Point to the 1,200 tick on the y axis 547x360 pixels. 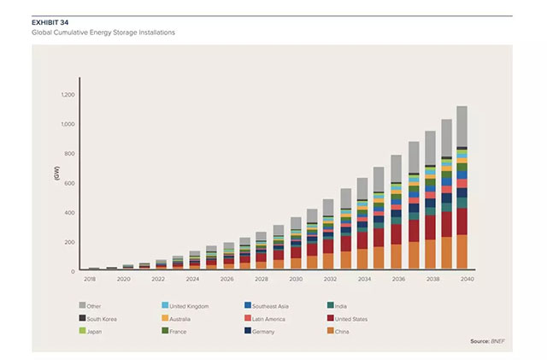[68, 95]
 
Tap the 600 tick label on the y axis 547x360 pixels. [70, 183]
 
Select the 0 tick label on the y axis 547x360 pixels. [74, 272]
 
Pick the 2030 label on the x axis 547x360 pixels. [296, 280]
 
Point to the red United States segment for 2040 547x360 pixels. [462, 221]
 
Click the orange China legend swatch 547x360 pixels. [330, 330]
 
